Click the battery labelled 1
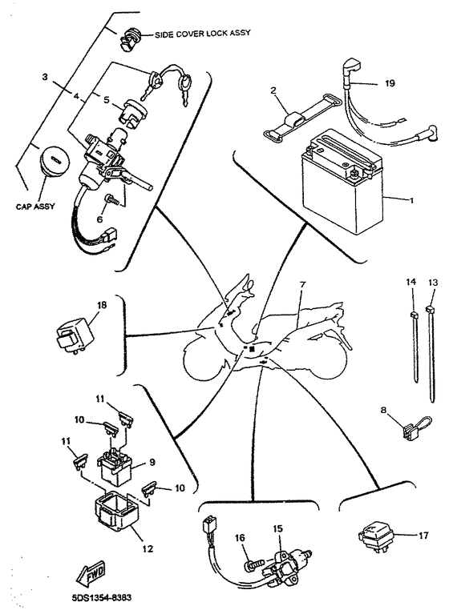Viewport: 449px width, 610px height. click(x=342, y=181)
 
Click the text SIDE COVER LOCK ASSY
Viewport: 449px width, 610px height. click(x=202, y=34)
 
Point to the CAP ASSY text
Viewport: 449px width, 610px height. click(x=35, y=206)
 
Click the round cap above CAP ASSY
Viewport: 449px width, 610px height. click(x=55, y=160)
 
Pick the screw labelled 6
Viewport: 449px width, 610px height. click(x=111, y=202)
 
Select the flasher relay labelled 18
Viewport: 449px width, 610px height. click(x=74, y=335)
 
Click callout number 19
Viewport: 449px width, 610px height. click(x=390, y=83)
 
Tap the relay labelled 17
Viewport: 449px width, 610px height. click(x=375, y=537)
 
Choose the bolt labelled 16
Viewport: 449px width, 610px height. click(x=253, y=562)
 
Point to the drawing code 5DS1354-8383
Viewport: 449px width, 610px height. click(x=99, y=597)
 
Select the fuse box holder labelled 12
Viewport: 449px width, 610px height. click(x=116, y=510)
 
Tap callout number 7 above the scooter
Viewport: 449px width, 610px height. click(x=301, y=285)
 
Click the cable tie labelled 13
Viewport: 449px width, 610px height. click(x=431, y=353)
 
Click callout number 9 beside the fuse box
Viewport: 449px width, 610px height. click(x=152, y=462)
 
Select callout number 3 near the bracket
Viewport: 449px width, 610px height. click(x=45, y=77)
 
